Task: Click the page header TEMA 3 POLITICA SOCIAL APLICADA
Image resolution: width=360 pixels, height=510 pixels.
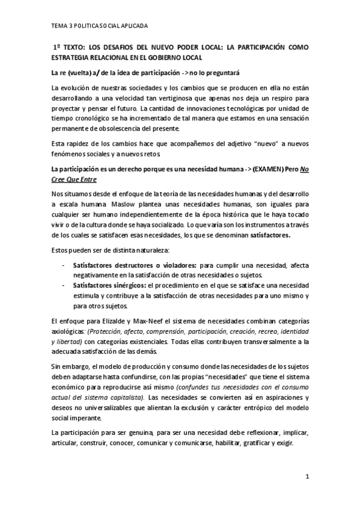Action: (99, 26)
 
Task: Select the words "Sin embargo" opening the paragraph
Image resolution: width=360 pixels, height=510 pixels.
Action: (71, 366)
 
